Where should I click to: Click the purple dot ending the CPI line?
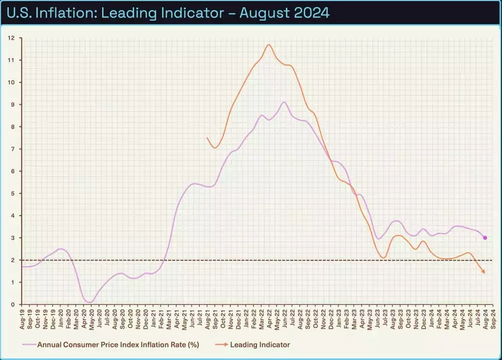click(x=485, y=237)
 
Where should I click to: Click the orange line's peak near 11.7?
click(x=269, y=45)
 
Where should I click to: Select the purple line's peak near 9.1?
click(x=284, y=102)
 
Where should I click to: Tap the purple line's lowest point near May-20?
click(x=90, y=302)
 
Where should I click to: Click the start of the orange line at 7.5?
click(x=207, y=138)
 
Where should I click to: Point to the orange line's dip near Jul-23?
click(x=384, y=258)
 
